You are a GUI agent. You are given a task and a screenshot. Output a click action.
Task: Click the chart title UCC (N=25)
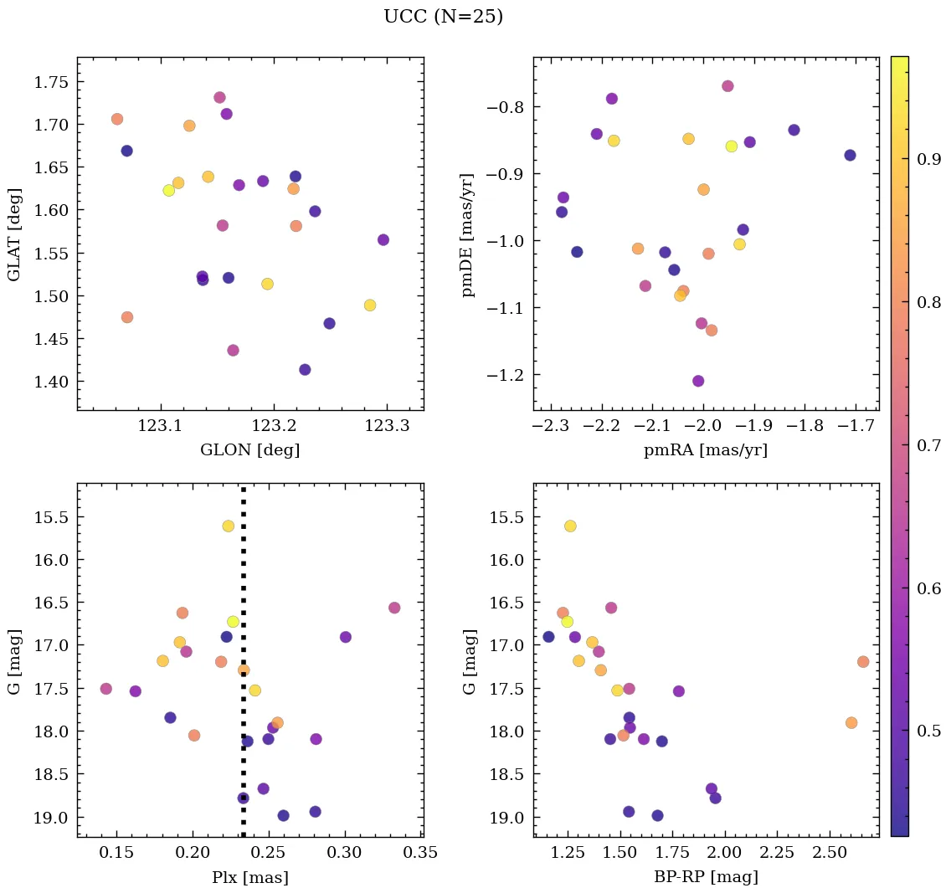point(443,17)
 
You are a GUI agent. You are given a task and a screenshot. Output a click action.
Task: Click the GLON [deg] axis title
point(249,449)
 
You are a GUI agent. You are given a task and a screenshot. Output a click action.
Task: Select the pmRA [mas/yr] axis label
point(705,449)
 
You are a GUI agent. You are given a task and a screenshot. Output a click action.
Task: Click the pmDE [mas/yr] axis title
point(468,234)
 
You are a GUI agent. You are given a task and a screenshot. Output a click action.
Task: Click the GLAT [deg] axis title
point(13,234)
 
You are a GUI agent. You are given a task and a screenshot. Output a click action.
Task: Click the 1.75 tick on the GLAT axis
point(51,82)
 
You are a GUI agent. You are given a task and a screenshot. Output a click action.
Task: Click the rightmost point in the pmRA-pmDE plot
point(850,155)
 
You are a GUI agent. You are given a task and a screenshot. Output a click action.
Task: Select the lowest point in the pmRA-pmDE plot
point(698,381)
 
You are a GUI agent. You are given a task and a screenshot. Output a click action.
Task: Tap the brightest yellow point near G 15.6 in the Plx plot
point(229,526)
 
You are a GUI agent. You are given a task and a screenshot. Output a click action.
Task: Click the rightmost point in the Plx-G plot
point(394,608)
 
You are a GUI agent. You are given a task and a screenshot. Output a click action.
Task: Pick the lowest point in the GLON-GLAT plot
point(305,370)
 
